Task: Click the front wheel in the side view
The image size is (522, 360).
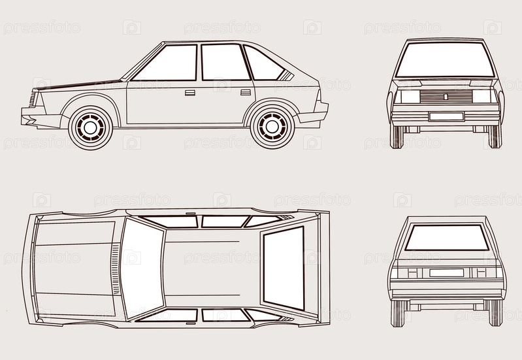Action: click(90, 127)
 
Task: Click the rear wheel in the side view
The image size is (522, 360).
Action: click(272, 127)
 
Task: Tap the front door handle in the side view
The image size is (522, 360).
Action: click(189, 93)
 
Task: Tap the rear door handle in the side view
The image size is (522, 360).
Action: click(246, 93)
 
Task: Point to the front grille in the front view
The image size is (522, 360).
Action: click(446, 97)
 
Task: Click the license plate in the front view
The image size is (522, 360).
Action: click(446, 116)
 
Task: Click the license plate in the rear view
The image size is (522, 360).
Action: click(446, 272)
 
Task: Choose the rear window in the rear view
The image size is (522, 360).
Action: click(446, 237)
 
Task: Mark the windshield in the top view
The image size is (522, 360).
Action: click(141, 268)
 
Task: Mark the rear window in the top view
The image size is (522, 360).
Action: click(284, 268)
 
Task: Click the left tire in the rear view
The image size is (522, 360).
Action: click(397, 313)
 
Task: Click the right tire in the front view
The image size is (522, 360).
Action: click(495, 136)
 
